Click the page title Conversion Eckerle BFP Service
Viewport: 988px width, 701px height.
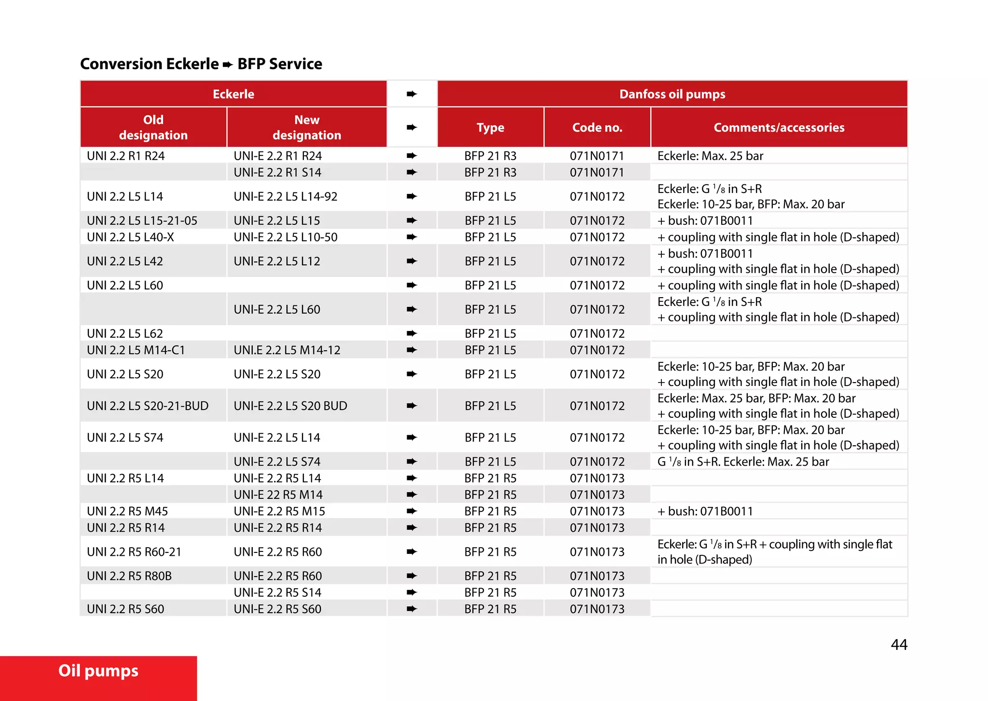pos(201,64)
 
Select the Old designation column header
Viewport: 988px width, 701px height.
pos(153,127)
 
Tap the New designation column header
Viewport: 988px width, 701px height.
pos(307,127)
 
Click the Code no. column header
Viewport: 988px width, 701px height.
pos(597,127)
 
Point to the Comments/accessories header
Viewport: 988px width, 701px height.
pos(779,127)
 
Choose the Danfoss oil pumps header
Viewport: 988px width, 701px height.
pos(672,94)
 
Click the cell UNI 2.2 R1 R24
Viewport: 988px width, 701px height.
pos(126,156)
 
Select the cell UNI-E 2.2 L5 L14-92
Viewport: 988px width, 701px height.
pos(286,196)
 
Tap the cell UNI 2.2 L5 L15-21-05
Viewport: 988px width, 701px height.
pos(142,220)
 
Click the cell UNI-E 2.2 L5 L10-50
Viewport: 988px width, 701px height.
pos(286,237)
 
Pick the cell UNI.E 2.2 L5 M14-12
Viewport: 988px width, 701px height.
pos(287,350)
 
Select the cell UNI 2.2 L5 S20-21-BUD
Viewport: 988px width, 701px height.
pos(148,406)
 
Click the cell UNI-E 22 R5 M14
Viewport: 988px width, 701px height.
pos(278,495)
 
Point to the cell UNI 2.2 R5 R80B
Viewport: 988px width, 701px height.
pos(129,576)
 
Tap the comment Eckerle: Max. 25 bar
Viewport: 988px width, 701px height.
pos(710,156)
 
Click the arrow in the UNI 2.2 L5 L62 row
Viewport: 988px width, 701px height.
pos(412,333)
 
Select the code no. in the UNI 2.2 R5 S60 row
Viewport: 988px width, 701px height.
pos(597,609)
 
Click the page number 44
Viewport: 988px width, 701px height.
pos(899,645)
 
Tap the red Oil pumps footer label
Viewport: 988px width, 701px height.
pos(98,671)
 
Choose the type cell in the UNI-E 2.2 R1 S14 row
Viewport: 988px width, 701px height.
pos(490,172)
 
